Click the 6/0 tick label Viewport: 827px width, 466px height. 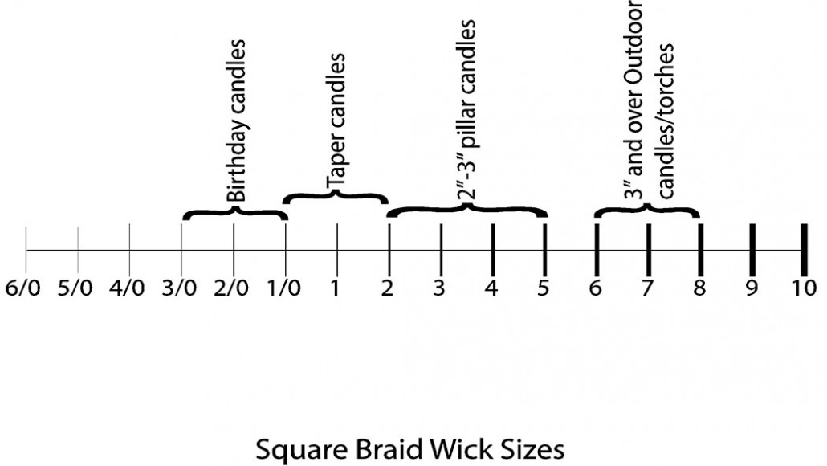pyautogui.click(x=22, y=288)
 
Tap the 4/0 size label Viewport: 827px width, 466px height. pyautogui.click(x=127, y=288)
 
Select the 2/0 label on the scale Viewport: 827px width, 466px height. pyautogui.click(x=230, y=288)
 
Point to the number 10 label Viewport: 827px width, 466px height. pyautogui.click(x=805, y=288)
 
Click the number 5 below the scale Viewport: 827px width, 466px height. pyautogui.click(x=544, y=288)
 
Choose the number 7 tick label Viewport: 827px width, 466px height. pyautogui.click(x=647, y=288)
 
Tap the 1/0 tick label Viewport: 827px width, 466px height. pyautogui.click(x=283, y=288)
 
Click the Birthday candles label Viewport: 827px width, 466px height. pyautogui.click(x=236, y=121)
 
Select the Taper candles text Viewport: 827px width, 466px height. pyautogui.click(x=336, y=121)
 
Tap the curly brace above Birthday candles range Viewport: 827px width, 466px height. pyautogui.click(x=234, y=212)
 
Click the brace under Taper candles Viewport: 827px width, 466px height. pyautogui.click(x=336, y=196)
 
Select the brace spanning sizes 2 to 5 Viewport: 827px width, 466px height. pyautogui.click(x=467, y=210)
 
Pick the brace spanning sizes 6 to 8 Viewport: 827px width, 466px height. pyautogui.click(x=647, y=210)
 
